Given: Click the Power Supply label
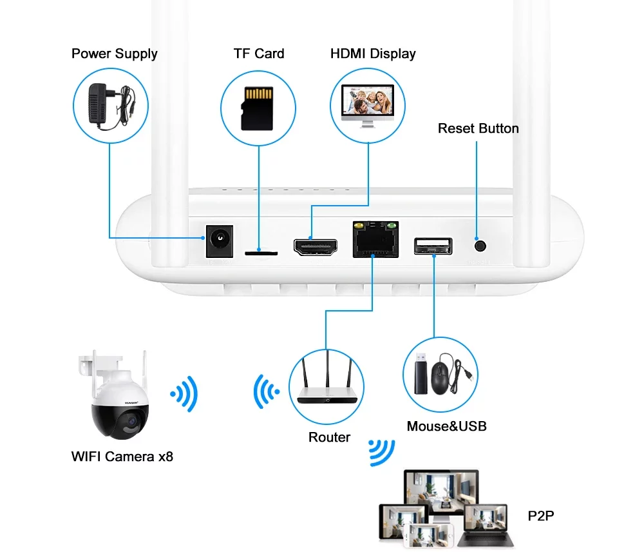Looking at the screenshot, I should [114, 54].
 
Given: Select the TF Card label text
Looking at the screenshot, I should [259, 54].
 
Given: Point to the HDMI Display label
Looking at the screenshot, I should [373, 54].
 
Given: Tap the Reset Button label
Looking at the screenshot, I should [478, 128].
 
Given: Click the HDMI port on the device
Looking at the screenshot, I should [315, 247].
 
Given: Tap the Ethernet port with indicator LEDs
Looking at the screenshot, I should [374, 241].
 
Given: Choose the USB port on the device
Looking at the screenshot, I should [433, 246].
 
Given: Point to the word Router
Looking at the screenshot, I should [329, 437].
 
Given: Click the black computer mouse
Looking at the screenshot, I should [440, 379].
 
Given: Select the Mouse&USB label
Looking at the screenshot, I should [446, 426].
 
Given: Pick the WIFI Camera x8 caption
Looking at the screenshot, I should [122, 457].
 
